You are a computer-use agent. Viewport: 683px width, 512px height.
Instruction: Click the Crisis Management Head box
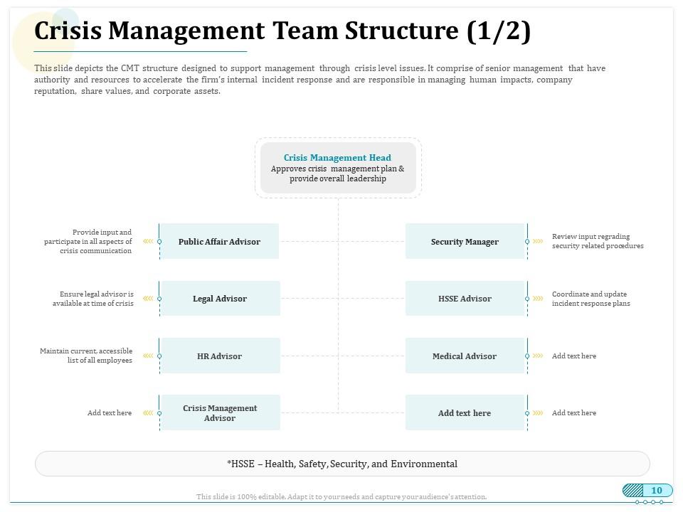tap(338, 168)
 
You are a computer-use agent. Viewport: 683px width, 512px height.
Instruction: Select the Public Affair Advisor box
tap(220, 241)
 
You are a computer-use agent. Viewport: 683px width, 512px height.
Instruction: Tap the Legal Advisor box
tap(220, 298)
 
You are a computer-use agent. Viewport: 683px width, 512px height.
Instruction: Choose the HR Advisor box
tap(220, 356)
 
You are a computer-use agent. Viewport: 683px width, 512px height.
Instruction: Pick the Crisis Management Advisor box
tap(220, 412)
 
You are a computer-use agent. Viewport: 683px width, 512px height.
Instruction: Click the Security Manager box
tap(465, 241)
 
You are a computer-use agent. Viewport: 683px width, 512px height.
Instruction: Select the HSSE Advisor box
tap(465, 298)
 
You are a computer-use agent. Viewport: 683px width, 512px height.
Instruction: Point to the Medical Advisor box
tap(465, 356)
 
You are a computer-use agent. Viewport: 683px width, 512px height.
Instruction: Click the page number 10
tap(657, 490)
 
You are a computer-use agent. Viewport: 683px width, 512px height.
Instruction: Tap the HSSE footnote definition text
tap(342, 464)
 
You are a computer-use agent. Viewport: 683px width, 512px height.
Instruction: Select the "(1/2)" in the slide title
tap(499, 31)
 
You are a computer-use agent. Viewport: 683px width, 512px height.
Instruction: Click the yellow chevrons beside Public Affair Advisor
tap(148, 241)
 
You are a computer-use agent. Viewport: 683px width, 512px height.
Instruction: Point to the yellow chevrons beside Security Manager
tap(538, 241)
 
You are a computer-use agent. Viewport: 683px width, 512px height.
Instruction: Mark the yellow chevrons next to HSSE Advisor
tap(538, 298)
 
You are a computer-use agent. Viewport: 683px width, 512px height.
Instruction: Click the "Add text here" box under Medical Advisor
tap(465, 412)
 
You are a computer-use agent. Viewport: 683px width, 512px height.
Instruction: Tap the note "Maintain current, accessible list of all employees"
tap(86, 356)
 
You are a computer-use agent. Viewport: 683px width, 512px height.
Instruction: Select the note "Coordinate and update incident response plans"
tap(591, 299)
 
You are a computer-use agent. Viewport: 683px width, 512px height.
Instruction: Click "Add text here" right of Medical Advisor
tap(574, 356)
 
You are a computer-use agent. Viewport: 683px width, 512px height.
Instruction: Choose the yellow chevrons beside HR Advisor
tap(148, 356)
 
